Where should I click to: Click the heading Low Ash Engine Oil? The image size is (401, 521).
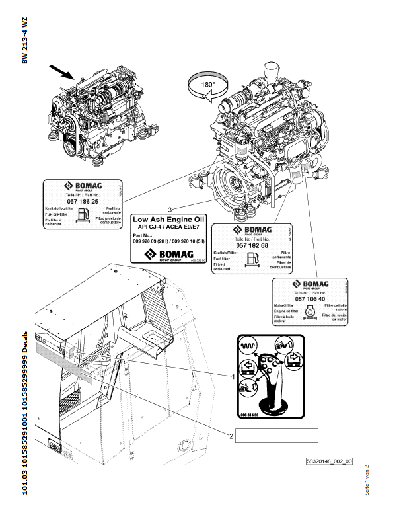click(x=170, y=218)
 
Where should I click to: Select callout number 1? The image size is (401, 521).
click(x=233, y=376)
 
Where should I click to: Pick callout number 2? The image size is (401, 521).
click(x=231, y=435)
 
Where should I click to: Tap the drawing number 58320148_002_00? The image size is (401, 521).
click(x=329, y=461)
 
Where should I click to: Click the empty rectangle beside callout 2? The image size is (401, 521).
click(x=277, y=435)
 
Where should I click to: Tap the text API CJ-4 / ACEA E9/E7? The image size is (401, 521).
click(x=169, y=226)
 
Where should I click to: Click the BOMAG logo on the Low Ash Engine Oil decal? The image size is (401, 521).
click(x=169, y=253)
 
